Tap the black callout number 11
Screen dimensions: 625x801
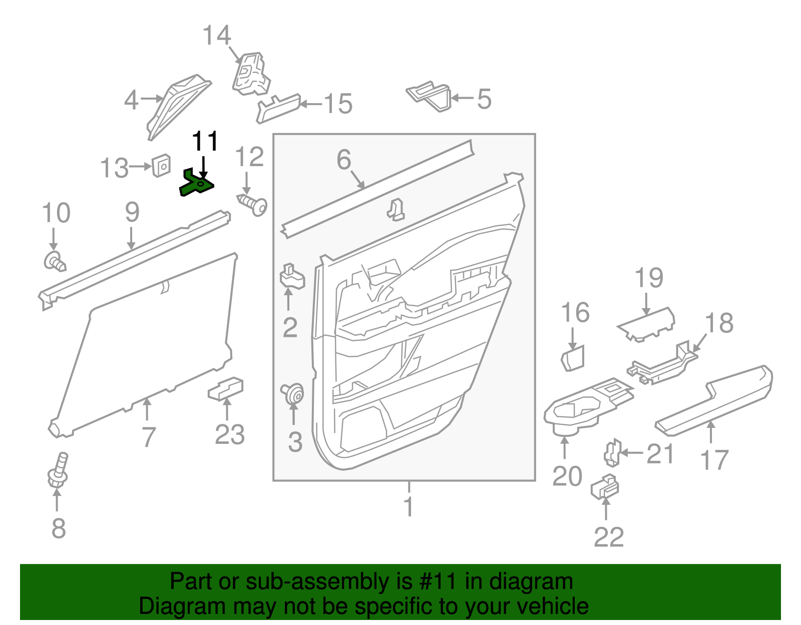pyautogui.click(x=205, y=142)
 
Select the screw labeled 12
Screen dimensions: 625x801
pyautogui.click(x=253, y=204)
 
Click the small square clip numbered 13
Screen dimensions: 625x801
pyautogui.click(x=161, y=165)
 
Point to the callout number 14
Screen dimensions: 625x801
pyautogui.click(x=216, y=36)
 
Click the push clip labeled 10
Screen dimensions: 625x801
pyautogui.click(x=54, y=262)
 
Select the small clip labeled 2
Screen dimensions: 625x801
pyautogui.click(x=291, y=277)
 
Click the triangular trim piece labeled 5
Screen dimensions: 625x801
pyautogui.click(x=431, y=96)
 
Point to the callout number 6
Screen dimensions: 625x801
pyautogui.click(x=344, y=160)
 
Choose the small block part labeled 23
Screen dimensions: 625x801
pyautogui.click(x=226, y=389)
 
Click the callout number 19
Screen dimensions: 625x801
pyautogui.click(x=649, y=278)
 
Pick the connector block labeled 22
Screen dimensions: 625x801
pyautogui.click(x=605, y=487)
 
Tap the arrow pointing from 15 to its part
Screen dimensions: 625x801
pyautogui.click(x=310, y=104)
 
